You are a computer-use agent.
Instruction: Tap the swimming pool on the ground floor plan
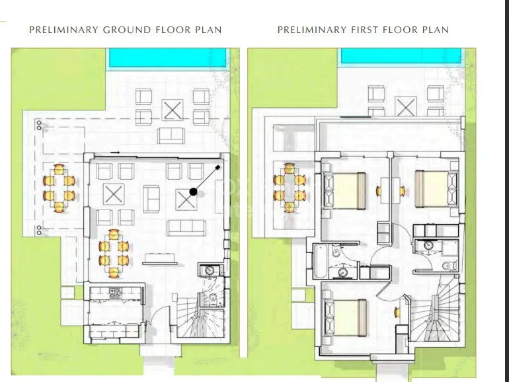(x=167, y=58)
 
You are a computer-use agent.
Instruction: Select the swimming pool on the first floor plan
(x=401, y=56)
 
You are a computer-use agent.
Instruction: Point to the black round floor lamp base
(x=193, y=192)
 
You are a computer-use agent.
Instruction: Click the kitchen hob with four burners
(x=115, y=293)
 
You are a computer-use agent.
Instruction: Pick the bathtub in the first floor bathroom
(x=320, y=261)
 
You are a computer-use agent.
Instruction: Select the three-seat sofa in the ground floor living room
(x=186, y=228)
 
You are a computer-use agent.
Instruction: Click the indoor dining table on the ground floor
(x=114, y=254)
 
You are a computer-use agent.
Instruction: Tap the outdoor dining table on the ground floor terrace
(x=59, y=188)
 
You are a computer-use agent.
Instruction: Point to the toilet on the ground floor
(x=214, y=297)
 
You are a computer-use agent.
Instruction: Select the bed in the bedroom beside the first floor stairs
(x=345, y=318)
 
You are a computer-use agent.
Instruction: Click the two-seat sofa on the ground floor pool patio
(x=171, y=135)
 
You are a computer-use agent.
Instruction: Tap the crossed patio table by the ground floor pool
(x=173, y=110)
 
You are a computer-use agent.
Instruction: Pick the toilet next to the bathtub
(x=336, y=251)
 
